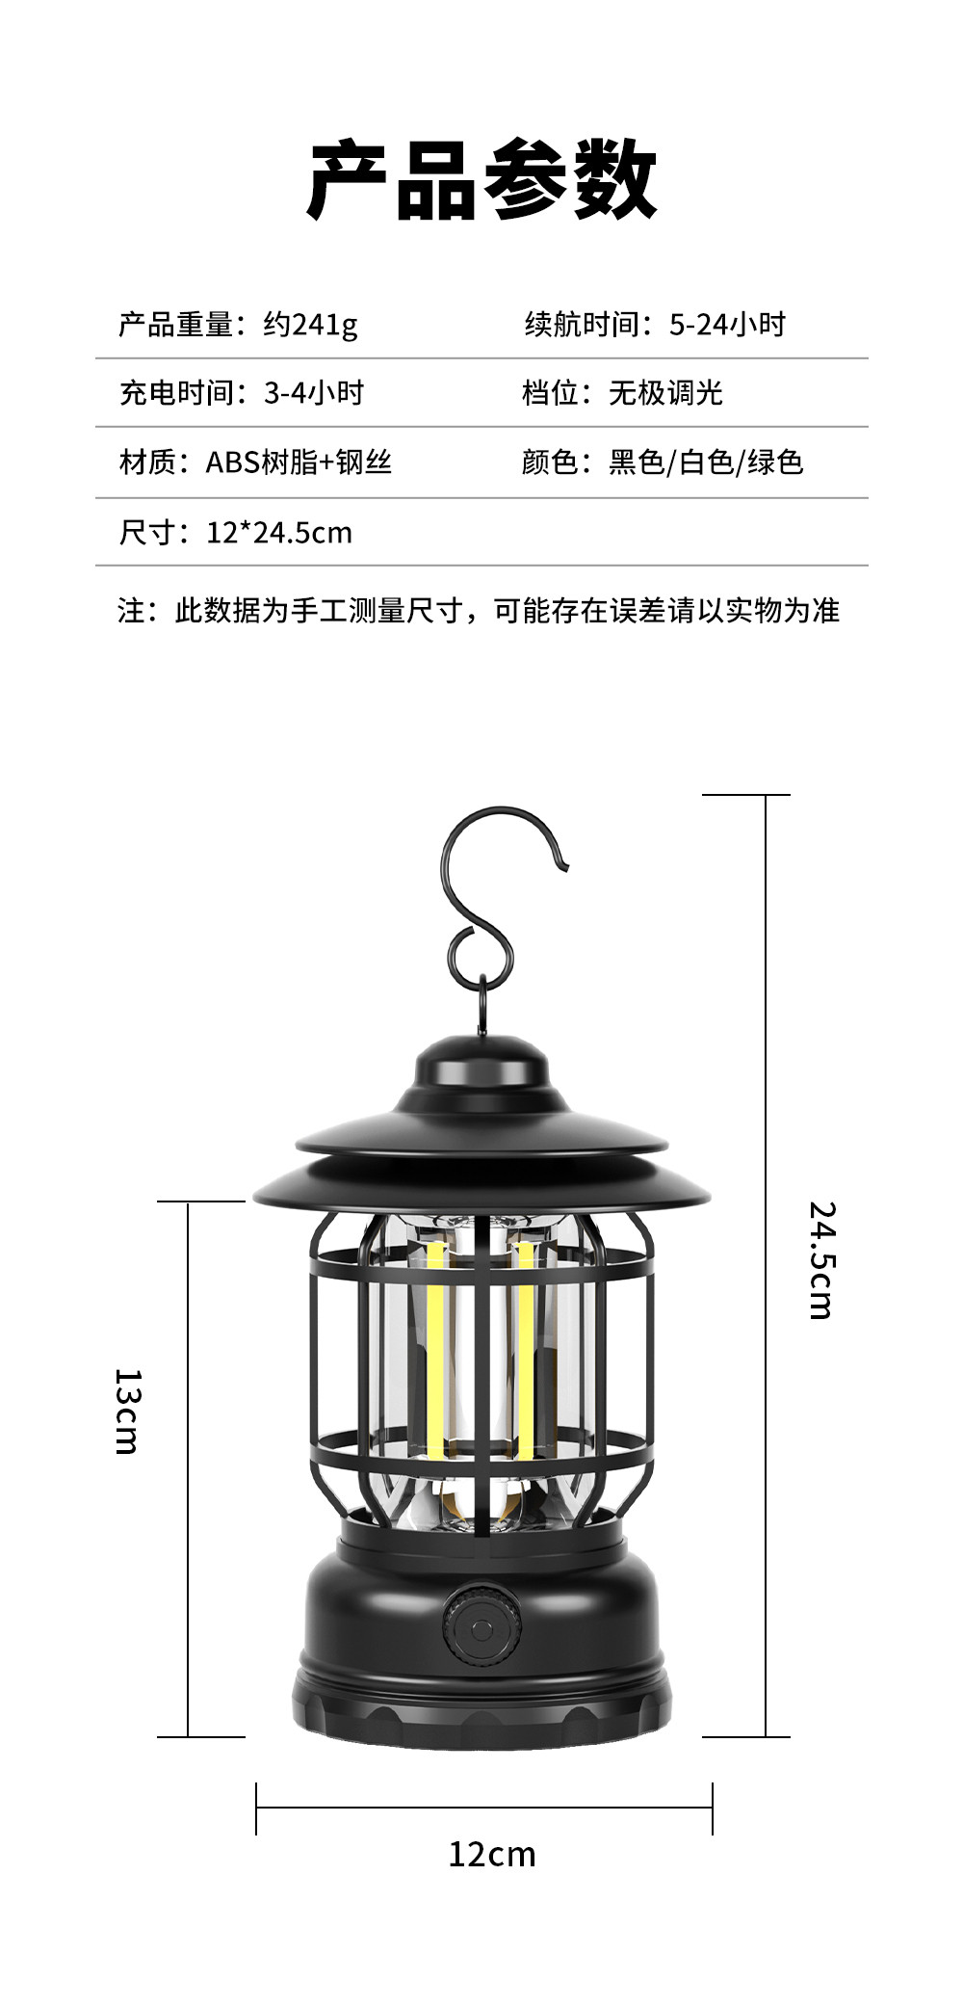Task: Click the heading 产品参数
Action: coord(481,180)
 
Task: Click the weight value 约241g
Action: coord(310,325)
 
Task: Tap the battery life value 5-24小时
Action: coord(727,325)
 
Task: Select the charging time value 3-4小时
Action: coord(314,393)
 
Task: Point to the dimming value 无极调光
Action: coord(665,393)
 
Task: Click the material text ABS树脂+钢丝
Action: coord(299,462)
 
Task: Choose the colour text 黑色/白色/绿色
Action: coord(706,462)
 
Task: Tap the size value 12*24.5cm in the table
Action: coord(279,533)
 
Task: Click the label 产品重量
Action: coord(175,325)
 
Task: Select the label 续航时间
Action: coord(582,325)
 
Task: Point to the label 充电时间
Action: coord(176,393)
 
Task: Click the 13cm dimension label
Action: coord(127,1411)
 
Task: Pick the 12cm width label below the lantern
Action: coord(491,1854)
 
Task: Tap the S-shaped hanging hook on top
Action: coord(491,896)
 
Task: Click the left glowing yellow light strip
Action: coord(435,1349)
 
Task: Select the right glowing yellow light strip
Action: coord(526,1349)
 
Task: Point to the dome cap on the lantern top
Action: coord(481,1065)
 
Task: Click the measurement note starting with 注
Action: coord(479,611)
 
